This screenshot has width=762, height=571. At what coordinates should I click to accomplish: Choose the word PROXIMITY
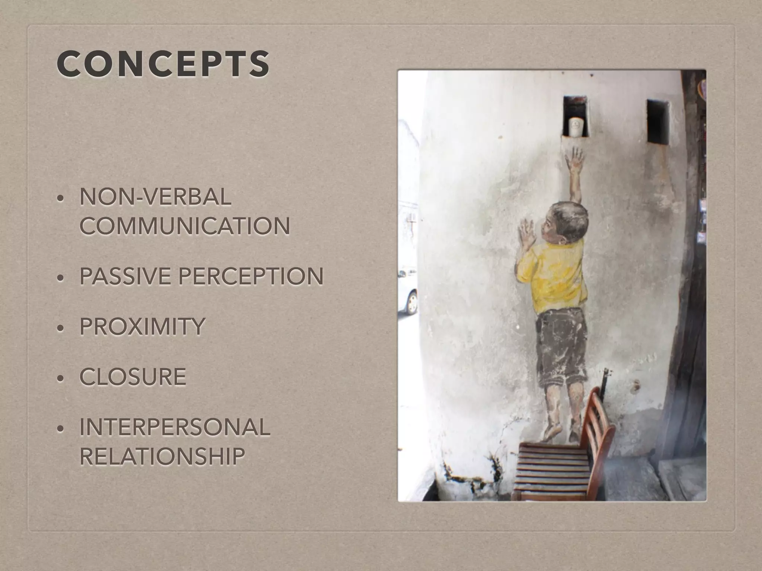click(x=142, y=326)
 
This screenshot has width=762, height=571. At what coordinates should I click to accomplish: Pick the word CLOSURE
click(x=133, y=376)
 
